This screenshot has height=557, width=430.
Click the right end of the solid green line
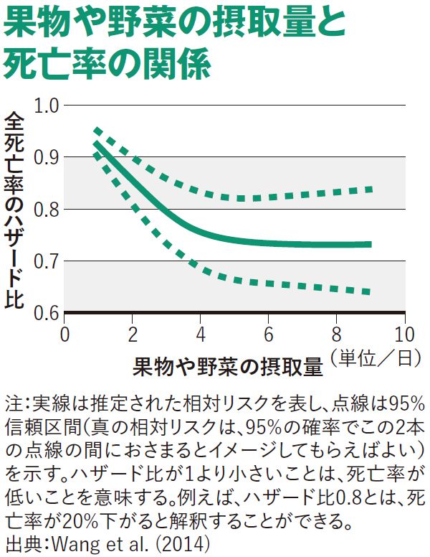pos(371,244)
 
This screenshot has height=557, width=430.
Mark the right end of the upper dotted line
pos(371,189)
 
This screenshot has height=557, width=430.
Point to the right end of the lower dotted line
pos(368,291)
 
